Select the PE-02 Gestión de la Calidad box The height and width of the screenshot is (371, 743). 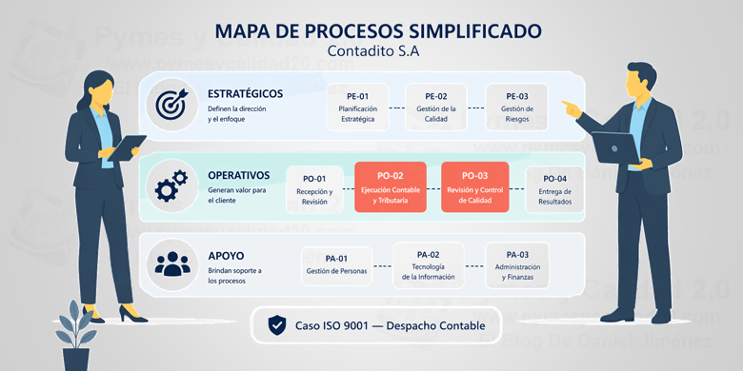coord(436,107)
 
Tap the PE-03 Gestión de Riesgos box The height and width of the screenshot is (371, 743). coord(516,107)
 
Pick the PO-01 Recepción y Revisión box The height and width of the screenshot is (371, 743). coord(313,188)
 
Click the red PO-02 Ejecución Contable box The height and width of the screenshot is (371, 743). coord(391,187)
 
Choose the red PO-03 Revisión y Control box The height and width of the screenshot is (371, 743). coord(474,187)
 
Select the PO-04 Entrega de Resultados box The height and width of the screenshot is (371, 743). coord(554,188)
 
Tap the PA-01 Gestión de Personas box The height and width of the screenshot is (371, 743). coord(336,264)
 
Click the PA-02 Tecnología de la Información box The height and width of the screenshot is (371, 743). coord(428,265)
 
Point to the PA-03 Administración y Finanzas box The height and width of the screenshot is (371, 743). coord(517,265)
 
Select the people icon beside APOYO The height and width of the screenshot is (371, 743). coord(172,262)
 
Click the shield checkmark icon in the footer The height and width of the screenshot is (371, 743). coord(277,325)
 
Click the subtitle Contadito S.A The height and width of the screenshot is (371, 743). coord(371,51)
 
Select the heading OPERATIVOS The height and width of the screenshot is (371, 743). coord(238,175)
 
